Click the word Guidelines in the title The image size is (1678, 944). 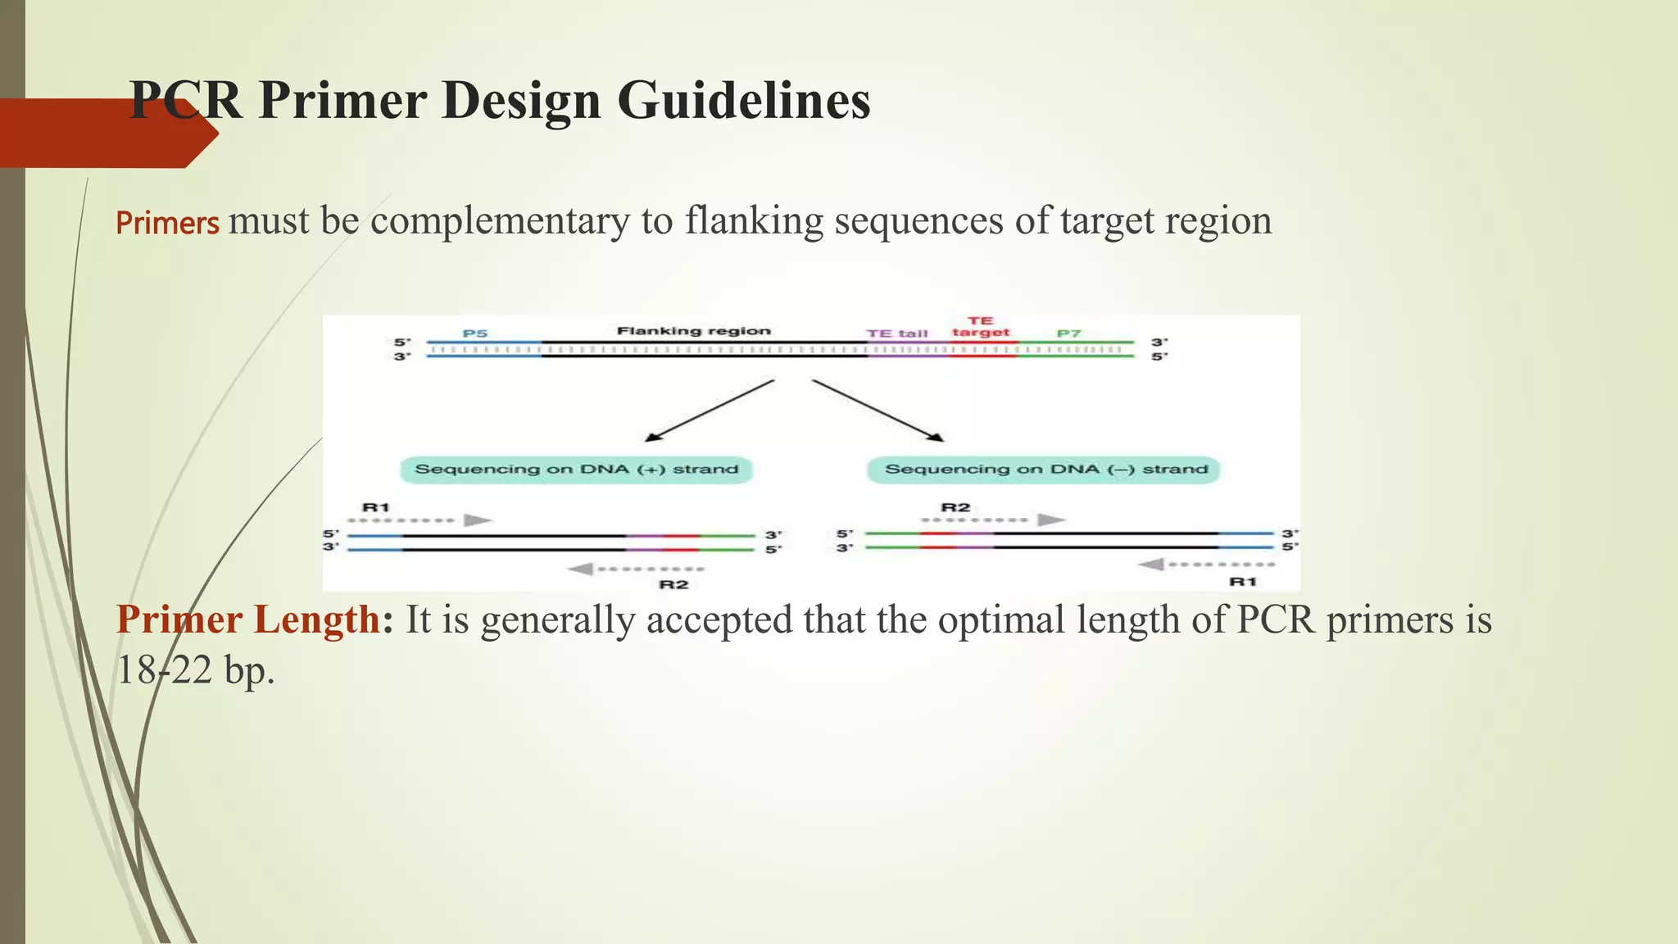[x=743, y=101]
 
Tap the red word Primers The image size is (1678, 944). [x=167, y=223]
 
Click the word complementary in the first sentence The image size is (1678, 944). [x=500, y=221]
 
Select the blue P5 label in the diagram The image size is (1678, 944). [x=475, y=333]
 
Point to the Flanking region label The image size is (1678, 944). [x=693, y=331]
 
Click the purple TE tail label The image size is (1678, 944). [x=897, y=334]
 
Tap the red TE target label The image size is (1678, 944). [x=981, y=326]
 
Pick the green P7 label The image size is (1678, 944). [x=1068, y=334]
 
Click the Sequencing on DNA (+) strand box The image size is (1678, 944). [x=576, y=470]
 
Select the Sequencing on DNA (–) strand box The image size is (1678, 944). [x=1044, y=470]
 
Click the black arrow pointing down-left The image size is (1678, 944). [x=710, y=411]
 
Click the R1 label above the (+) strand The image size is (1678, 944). [x=376, y=507]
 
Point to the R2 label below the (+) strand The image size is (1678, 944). [x=673, y=584]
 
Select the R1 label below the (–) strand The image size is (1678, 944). [x=1243, y=581]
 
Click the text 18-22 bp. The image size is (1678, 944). [x=195, y=670]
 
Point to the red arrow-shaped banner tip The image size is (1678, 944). [x=205, y=134]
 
